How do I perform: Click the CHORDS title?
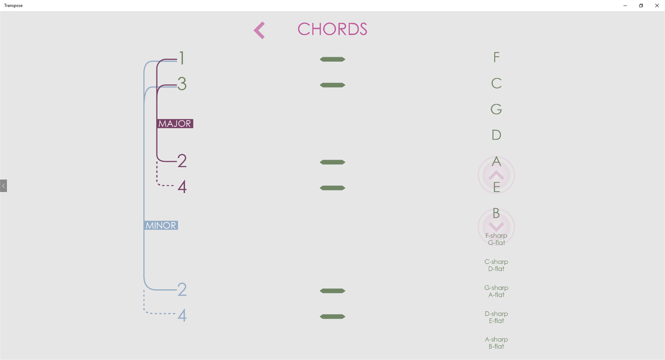click(x=332, y=29)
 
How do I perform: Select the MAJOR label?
click(x=175, y=123)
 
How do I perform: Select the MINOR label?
click(x=161, y=226)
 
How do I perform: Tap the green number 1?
click(x=182, y=58)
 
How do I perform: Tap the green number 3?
click(x=182, y=84)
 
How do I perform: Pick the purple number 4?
click(x=182, y=187)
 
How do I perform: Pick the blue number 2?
click(x=182, y=290)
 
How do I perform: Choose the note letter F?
click(x=496, y=57)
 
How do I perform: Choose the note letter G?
click(x=496, y=109)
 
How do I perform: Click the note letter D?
click(x=496, y=135)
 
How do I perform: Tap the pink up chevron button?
click(x=496, y=175)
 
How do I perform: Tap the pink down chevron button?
click(x=496, y=227)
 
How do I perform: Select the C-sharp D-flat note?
click(x=496, y=265)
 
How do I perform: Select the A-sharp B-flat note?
click(x=496, y=343)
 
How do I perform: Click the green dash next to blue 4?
click(x=332, y=317)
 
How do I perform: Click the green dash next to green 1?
click(x=332, y=60)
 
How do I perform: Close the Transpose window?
click(x=657, y=6)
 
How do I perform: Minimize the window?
click(x=625, y=6)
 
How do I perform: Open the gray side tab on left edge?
click(x=3, y=186)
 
